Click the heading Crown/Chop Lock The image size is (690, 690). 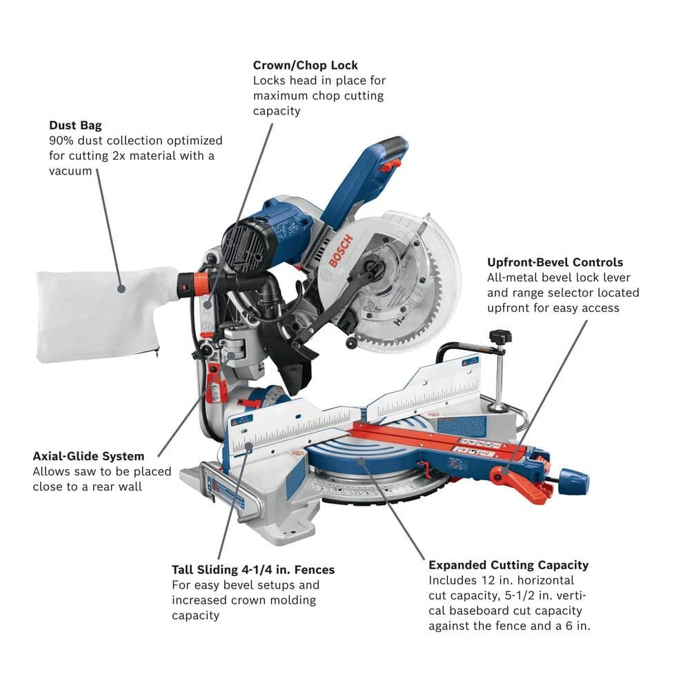point(305,66)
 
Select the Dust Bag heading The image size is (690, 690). point(75,126)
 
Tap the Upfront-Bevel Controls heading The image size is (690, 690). point(555,262)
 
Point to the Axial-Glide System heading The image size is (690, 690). point(88,456)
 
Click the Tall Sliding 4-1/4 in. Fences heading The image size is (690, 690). point(253,570)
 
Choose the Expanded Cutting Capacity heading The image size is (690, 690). point(509,565)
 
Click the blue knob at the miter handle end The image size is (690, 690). point(573,478)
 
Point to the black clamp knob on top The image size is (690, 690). point(500,337)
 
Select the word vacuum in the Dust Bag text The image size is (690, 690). point(70,171)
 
